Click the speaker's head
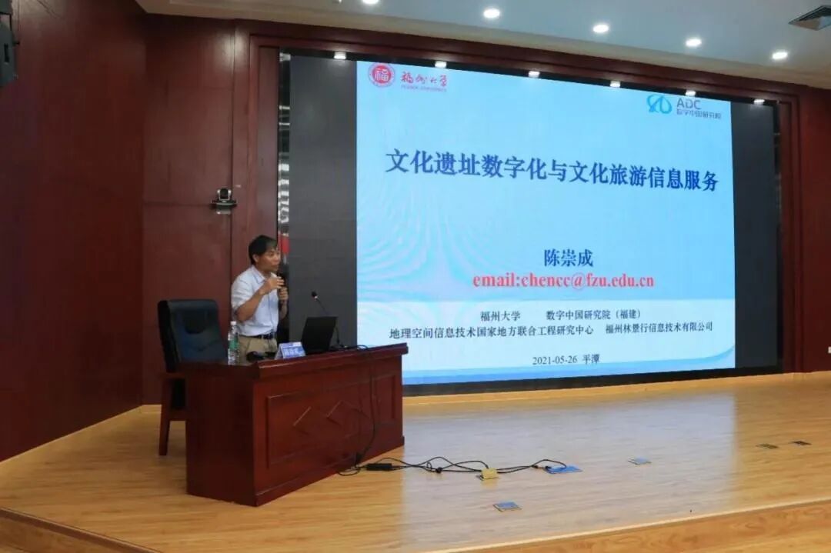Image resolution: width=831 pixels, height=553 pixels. (262, 252)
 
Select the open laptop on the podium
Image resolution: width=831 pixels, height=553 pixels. (317, 334)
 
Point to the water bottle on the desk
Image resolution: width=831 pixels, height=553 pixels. (232, 343)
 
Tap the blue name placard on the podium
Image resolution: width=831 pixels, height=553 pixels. (290, 350)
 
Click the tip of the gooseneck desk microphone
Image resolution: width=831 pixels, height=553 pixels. (314, 294)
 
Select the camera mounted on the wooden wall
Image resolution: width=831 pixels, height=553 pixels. (224, 198)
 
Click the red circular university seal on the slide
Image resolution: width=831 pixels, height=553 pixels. (381, 75)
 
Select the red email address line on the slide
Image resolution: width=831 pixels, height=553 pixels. (563, 281)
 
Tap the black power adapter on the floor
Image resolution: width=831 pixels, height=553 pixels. (379, 466)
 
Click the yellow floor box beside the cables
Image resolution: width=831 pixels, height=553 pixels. (489, 474)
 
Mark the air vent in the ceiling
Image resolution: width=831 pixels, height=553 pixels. (813, 17)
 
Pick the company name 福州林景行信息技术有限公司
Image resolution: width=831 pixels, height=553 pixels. (659, 327)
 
